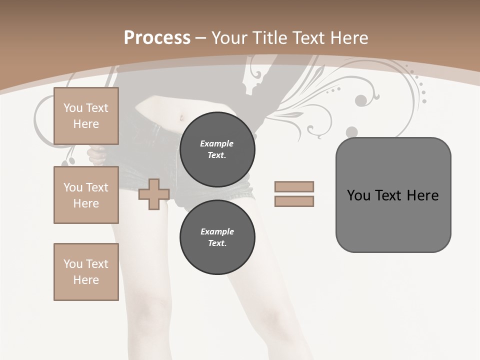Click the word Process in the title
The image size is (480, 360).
pyautogui.click(x=157, y=38)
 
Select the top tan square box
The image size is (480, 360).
pyautogui.click(x=86, y=116)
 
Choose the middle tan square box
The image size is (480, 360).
pyautogui.click(x=86, y=195)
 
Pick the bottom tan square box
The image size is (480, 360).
pyautogui.click(x=86, y=272)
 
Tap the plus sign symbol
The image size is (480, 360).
pyautogui.click(x=153, y=194)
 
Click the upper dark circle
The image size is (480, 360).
pyautogui.click(x=217, y=149)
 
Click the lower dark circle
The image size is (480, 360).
pyautogui.click(x=217, y=237)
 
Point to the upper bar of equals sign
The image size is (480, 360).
pyautogui.click(x=294, y=186)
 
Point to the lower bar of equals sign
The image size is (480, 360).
pyautogui.click(x=294, y=201)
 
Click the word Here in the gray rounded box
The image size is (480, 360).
pyautogui.click(x=422, y=195)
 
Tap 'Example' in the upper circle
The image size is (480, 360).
pyautogui.click(x=217, y=143)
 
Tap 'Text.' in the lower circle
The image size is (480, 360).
pyautogui.click(x=217, y=243)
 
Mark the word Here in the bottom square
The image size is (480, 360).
pyautogui.click(x=86, y=280)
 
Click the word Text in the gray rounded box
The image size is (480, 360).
pyautogui.click(x=390, y=195)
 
